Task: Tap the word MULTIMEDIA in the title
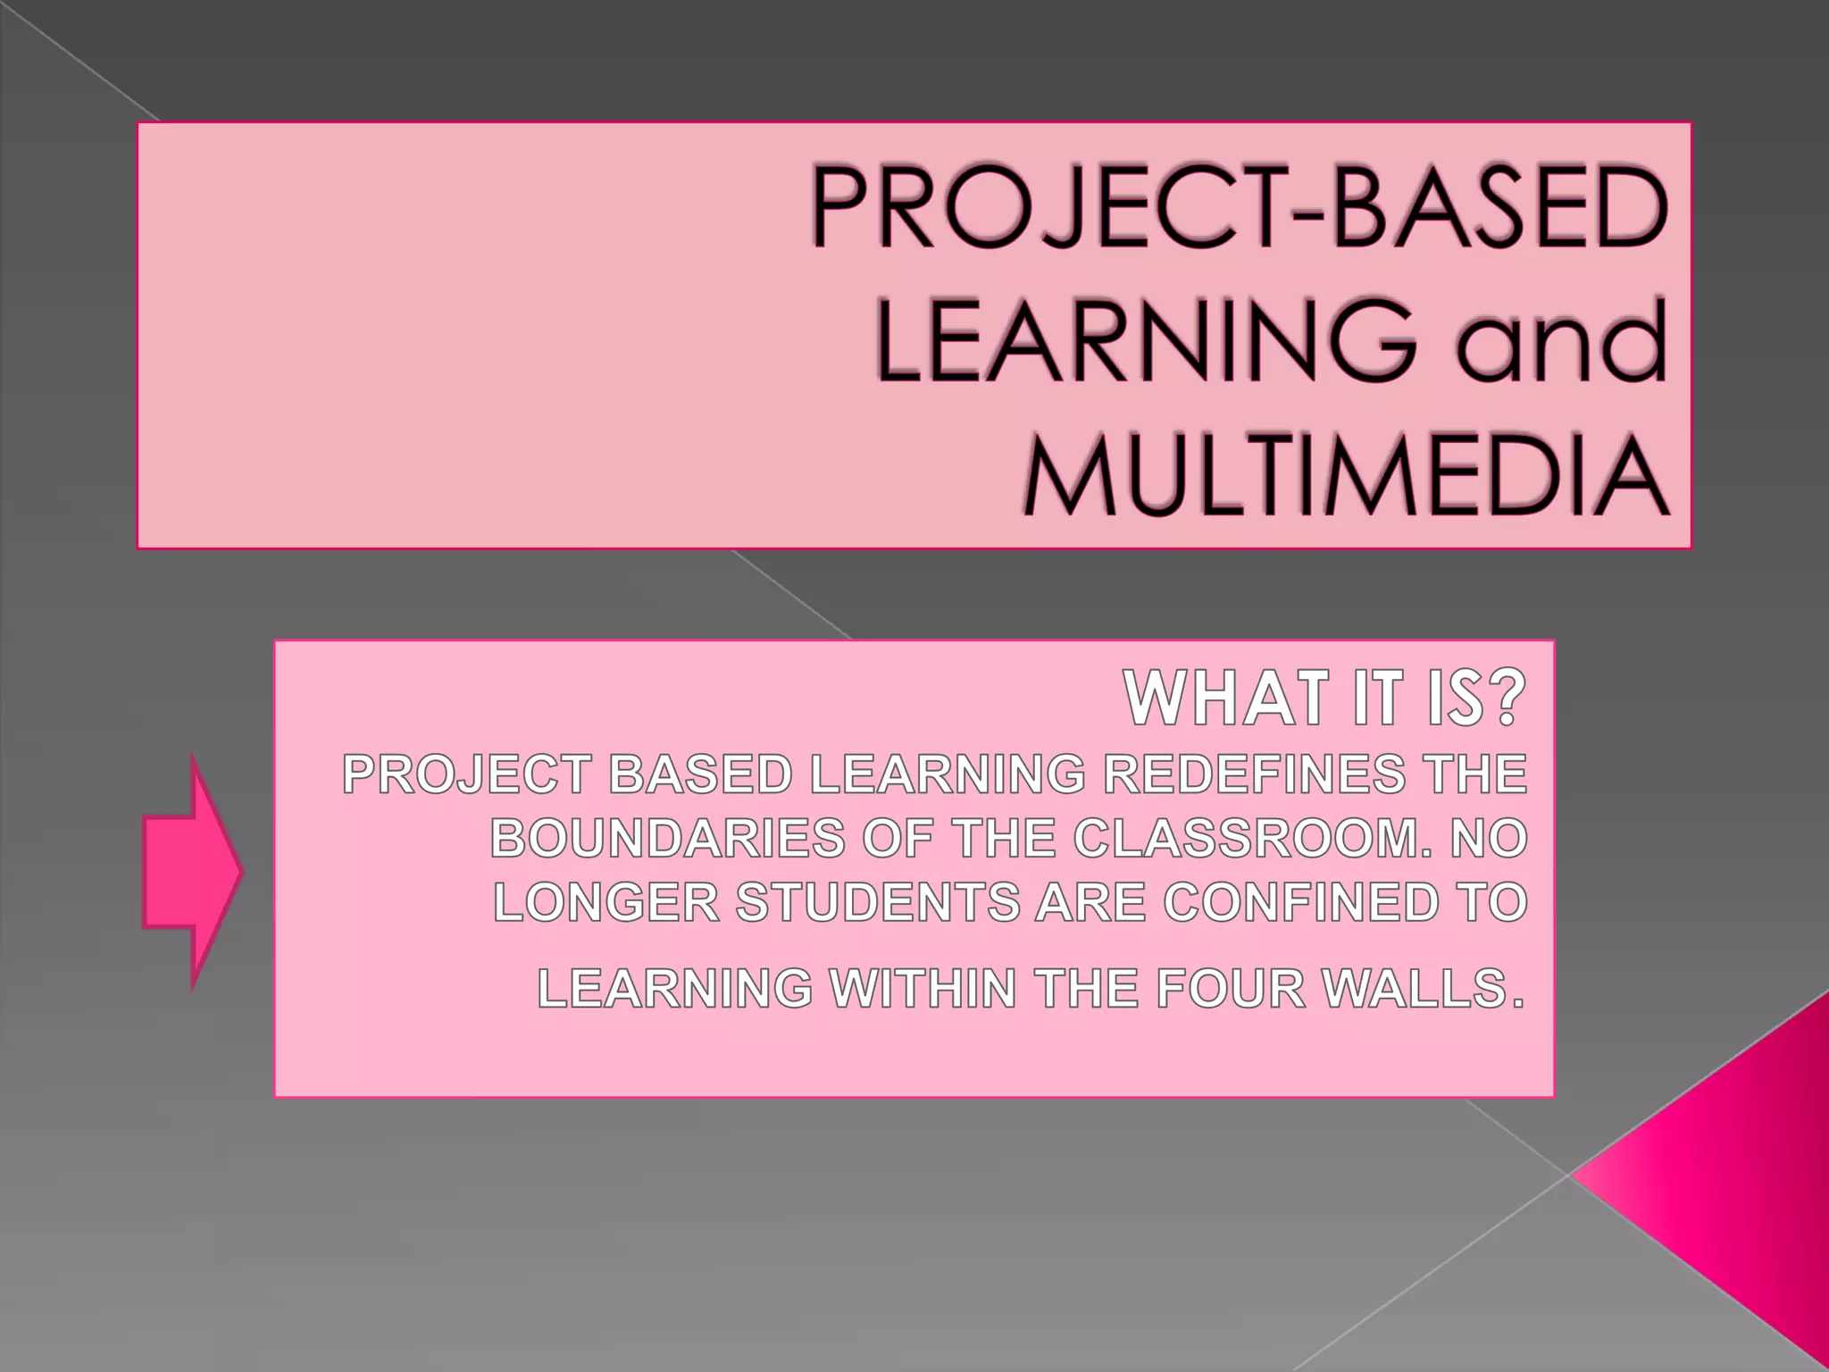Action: (x=1347, y=476)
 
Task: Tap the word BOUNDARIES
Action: (x=667, y=839)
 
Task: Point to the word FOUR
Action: (x=1230, y=989)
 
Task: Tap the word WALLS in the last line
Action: (x=1421, y=989)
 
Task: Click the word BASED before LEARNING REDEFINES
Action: (x=700, y=774)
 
